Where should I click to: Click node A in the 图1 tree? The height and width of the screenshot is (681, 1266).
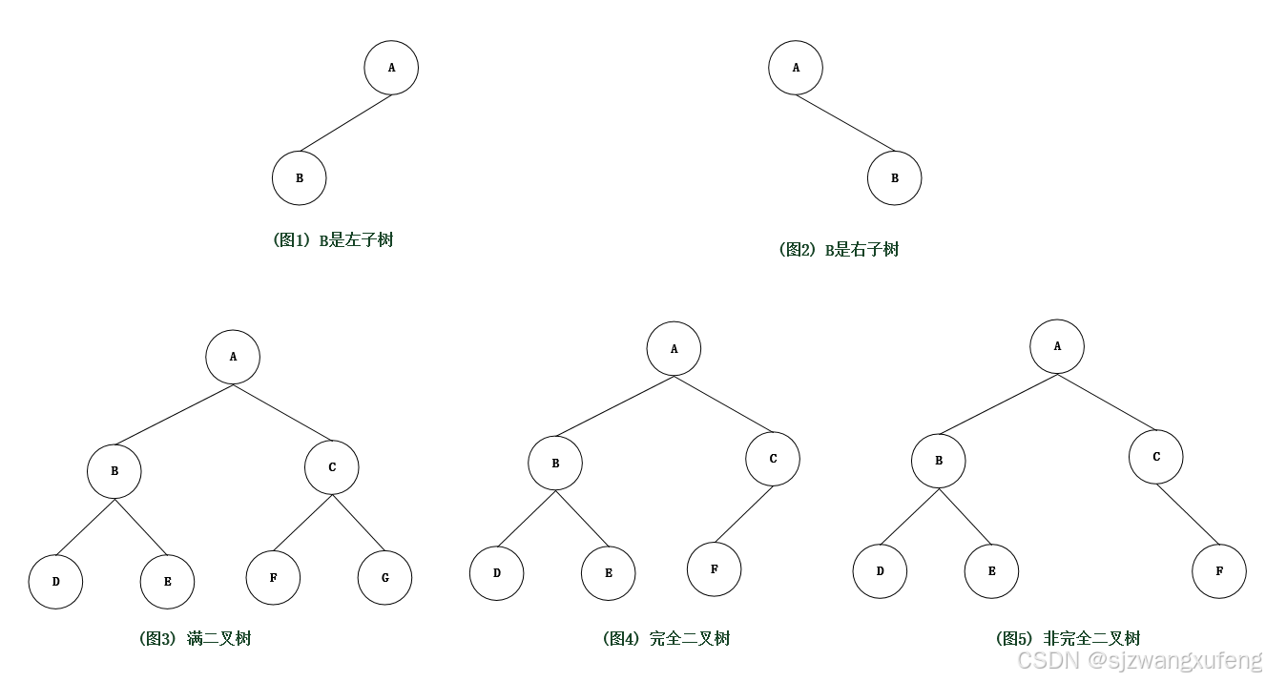click(x=391, y=68)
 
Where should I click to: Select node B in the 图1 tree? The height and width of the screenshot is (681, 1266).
click(x=300, y=177)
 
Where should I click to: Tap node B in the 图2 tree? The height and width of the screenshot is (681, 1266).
click(x=895, y=177)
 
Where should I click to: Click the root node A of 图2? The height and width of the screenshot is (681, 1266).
click(x=797, y=68)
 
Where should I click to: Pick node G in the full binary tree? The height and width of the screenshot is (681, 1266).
click(x=385, y=577)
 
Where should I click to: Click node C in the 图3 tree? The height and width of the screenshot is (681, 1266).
click(x=332, y=467)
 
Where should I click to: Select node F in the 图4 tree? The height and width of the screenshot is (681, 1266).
click(x=715, y=569)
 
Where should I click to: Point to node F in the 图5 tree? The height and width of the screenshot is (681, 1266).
click(x=1219, y=571)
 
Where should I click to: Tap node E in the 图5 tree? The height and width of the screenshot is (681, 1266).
click(x=992, y=571)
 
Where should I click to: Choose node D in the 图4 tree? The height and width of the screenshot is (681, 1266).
click(x=497, y=573)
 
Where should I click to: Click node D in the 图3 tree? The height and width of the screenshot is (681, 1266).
click(x=56, y=580)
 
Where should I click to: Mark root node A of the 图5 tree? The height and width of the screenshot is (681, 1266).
click(x=1057, y=346)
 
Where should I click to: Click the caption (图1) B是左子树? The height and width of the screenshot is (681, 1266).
click(x=333, y=240)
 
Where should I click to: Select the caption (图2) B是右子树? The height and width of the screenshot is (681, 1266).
click(x=839, y=250)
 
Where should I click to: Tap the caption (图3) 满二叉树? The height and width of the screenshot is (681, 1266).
click(x=195, y=639)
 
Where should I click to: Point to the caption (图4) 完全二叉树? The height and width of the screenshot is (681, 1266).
click(x=666, y=639)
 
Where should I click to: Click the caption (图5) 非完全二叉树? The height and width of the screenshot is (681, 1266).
click(x=1068, y=639)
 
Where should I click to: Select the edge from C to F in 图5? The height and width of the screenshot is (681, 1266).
click(x=1188, y=514)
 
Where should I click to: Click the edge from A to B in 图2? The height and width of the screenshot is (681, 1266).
click(x=845, y=123)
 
